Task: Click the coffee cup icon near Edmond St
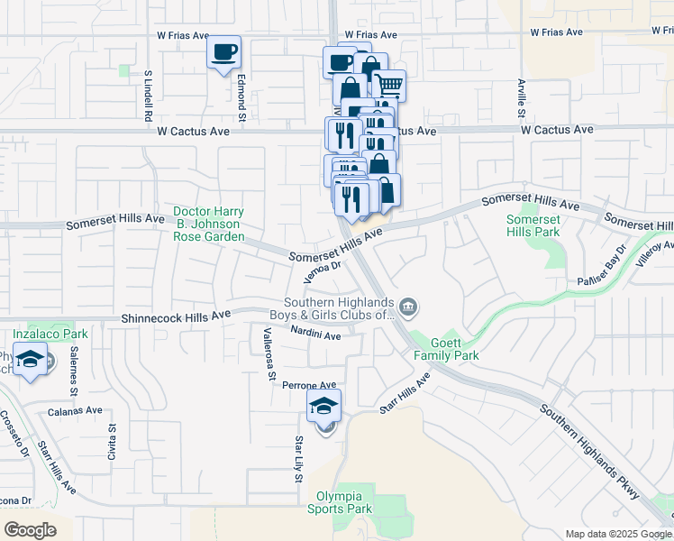(x=224, y=51)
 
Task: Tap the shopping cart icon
(x=389, y=86)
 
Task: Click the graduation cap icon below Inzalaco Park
(x=31, y=362)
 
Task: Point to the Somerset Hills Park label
(x=533, y=225)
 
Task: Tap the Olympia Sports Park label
(x=344, y=503)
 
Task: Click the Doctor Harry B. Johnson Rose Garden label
(x=209, y=225)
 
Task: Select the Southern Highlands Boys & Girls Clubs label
(x=339, y=308)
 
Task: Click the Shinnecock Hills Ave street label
(x=177, y=318)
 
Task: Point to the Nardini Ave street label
(x=315, y=335)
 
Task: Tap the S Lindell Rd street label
(x=147, y=94)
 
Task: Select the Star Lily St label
(x=298, y=458)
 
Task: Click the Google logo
(x=30, y=530)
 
